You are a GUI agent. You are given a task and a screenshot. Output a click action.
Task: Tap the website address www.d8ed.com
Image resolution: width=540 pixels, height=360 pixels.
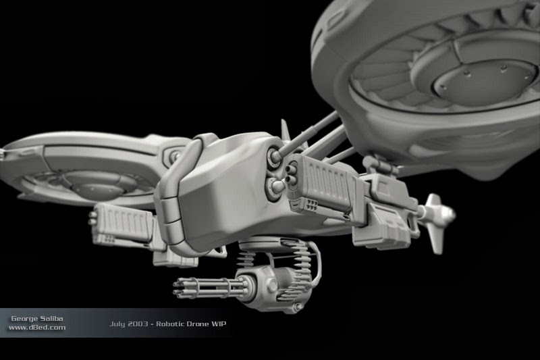(x=37, y=328)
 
